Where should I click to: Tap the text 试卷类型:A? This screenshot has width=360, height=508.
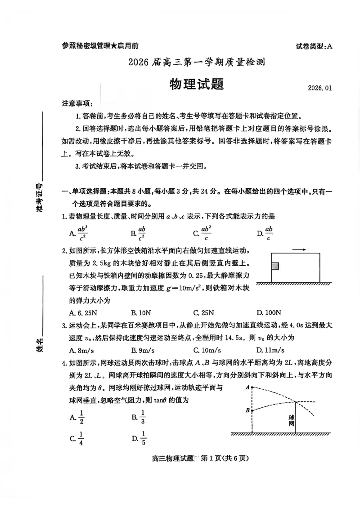click(314, 46)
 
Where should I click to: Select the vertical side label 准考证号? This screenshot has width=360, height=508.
click(40, 198)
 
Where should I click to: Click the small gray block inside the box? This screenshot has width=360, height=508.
click(275, 266)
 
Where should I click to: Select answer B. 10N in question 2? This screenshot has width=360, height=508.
click(141, 312)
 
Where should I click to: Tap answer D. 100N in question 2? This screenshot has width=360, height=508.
click(269, 312)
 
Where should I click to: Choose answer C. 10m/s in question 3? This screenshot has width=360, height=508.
click(206, 350)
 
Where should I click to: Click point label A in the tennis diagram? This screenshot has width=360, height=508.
click(247, 387)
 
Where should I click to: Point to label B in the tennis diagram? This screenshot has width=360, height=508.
click(247, 410)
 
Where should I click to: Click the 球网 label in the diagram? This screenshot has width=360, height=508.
click(292, 420)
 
